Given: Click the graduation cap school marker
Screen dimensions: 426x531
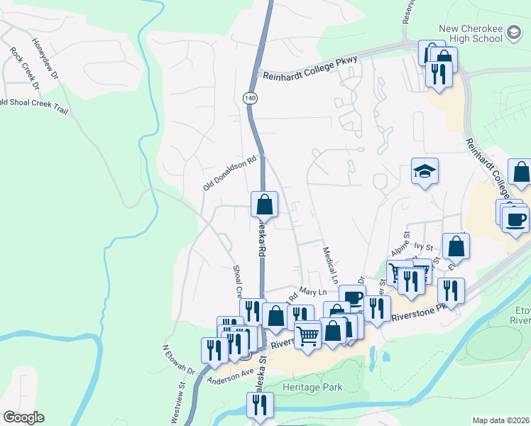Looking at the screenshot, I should pos(425,171).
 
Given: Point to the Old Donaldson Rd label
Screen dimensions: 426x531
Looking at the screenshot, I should pos(229,174).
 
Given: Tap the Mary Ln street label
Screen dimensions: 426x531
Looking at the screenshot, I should pos(312,291).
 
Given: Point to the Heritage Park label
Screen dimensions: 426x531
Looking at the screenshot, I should pos(312,387).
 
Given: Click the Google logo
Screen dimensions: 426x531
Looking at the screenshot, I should pos(23,417).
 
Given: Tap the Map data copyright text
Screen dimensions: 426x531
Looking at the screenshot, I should pos(501,420).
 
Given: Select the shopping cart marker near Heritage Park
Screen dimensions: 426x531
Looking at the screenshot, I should pos(307,334).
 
